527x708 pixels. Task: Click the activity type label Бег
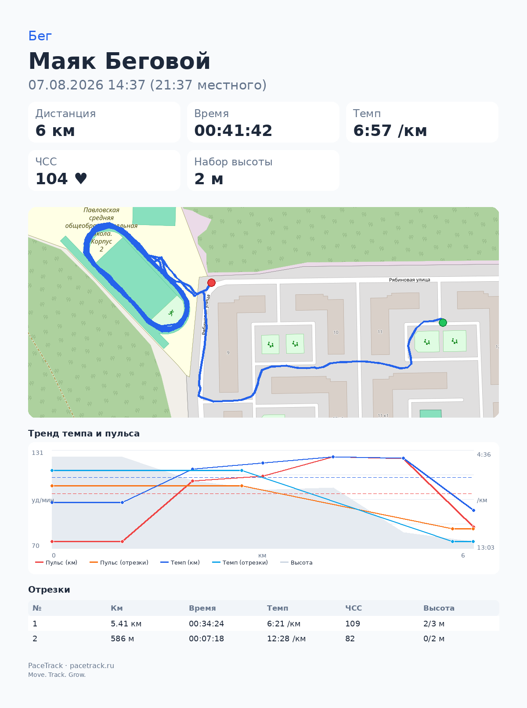(x=40, y=36)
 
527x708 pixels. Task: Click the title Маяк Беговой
(x=119, y=61)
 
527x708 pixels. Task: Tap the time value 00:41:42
(x=233, y=131)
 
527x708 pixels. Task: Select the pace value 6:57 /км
(x=390, y=131)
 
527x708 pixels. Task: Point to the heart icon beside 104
(x=81, y=179)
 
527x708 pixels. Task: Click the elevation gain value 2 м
(x=209, y=179)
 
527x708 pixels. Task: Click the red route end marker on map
(x=211, y=282)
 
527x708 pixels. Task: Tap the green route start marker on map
(x=443, y=323)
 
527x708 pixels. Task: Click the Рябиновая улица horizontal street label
(x=409, y=280)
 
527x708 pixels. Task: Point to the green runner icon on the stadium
(x=171, y=313)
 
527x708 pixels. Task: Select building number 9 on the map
(x=228, y=353)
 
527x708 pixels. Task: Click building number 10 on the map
(x=336, y=333)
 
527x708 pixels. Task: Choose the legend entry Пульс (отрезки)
(x=119, y=562)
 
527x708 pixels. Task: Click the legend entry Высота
(x=296, y=562)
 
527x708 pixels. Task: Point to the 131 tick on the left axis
(x=37, y=453)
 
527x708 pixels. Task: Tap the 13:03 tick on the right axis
(x=485, y=547)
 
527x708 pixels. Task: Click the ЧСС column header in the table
(x=354, y=608)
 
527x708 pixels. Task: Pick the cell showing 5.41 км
(x=126, y=623)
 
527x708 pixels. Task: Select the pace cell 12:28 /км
(x=286, y=638)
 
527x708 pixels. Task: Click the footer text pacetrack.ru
(x=92, y=665)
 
